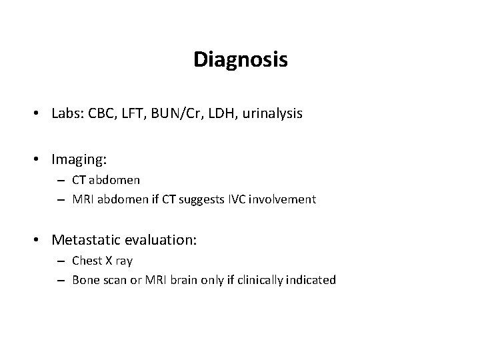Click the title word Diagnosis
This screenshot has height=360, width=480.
(240, 60)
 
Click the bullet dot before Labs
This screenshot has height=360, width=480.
(40, 115)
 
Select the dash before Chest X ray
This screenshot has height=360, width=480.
(60, 261)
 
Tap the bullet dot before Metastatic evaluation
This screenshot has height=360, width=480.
(40, 240)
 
